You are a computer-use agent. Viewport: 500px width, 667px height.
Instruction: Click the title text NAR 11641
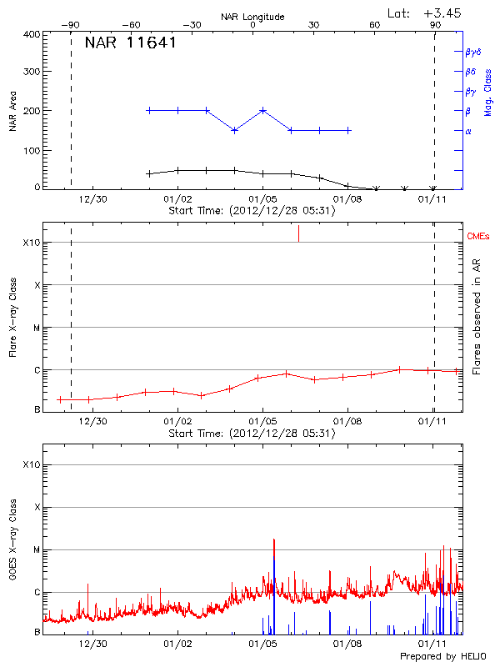(130, 43)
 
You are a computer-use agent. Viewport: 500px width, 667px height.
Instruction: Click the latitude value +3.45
(442, 13)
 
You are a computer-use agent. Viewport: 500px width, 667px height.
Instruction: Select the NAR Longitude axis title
(252, 17)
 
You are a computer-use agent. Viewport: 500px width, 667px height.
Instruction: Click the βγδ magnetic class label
(473, 52)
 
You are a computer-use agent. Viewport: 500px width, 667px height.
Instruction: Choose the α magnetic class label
(468, 131)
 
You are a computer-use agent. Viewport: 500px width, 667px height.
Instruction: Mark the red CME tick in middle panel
(298, 233)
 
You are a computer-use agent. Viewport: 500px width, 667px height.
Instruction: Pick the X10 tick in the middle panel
(32, 243)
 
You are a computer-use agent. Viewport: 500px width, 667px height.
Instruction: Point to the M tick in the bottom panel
(37, 550)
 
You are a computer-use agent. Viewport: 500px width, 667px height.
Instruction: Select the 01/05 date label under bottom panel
(262, 644)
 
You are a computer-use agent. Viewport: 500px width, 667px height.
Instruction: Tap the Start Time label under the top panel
(252, 211)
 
